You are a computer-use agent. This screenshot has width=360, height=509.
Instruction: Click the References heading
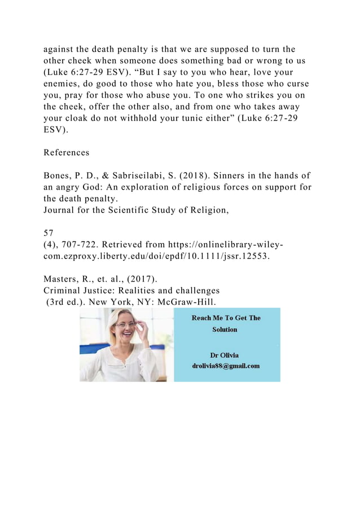pos(66,152)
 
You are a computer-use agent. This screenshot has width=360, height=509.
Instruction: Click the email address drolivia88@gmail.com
pos(226,366)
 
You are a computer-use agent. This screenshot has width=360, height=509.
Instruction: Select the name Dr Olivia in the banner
pos(224,355)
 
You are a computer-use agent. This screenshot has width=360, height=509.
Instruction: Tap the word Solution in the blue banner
pos(225,329)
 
